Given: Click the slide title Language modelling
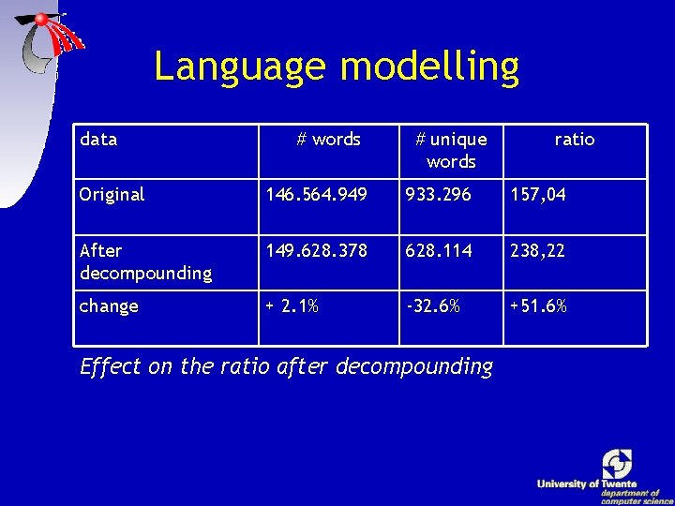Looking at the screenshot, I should pos(336,67).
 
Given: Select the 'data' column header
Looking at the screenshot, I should pos(98,140).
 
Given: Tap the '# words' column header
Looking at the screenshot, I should pos(328,140).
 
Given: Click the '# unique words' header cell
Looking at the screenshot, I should pos(451,151).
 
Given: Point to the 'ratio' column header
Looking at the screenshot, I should pos(574,140).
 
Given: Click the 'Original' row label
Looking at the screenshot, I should pos(112,195).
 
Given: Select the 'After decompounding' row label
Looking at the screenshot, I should pos(145,261).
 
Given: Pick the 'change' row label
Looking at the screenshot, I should pos(109,306).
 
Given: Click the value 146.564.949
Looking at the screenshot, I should pos(317,195).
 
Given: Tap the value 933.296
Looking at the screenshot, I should pos(439,195).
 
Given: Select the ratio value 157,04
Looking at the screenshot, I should pos(538,195).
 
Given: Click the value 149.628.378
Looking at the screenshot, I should pos(317,251).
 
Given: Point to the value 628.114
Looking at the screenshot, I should pos(439,251).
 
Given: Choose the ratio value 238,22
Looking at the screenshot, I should pos(538,251).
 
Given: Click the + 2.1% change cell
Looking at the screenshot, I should pos(292,306).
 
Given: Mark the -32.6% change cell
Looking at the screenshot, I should pos(432,306).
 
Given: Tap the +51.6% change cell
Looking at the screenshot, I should pos(538,306).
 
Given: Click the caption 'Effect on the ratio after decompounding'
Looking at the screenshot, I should pos(286,366).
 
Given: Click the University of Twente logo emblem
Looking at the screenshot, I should pos(617,464).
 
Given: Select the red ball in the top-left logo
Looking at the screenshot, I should pos(42,19).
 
